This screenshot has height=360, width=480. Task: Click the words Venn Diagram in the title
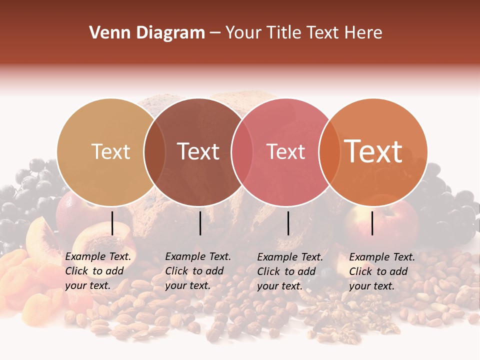point(147,33)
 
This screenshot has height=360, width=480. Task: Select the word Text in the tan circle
point(111,151)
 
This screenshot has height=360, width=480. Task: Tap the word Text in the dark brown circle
point(198,151)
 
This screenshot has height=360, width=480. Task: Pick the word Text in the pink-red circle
point(285,151)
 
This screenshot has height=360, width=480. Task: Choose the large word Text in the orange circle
point(373,151)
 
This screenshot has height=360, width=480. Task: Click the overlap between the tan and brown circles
point(155,152)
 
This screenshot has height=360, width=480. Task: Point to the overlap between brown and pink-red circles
point(242,152)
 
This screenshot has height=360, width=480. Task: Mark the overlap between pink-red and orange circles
point(329,152)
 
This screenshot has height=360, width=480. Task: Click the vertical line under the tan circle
point(112,223)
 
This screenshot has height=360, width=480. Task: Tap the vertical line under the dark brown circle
point(200,223)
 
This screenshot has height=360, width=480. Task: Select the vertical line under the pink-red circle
point(288,223)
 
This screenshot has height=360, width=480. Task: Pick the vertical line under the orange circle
point(372,223)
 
